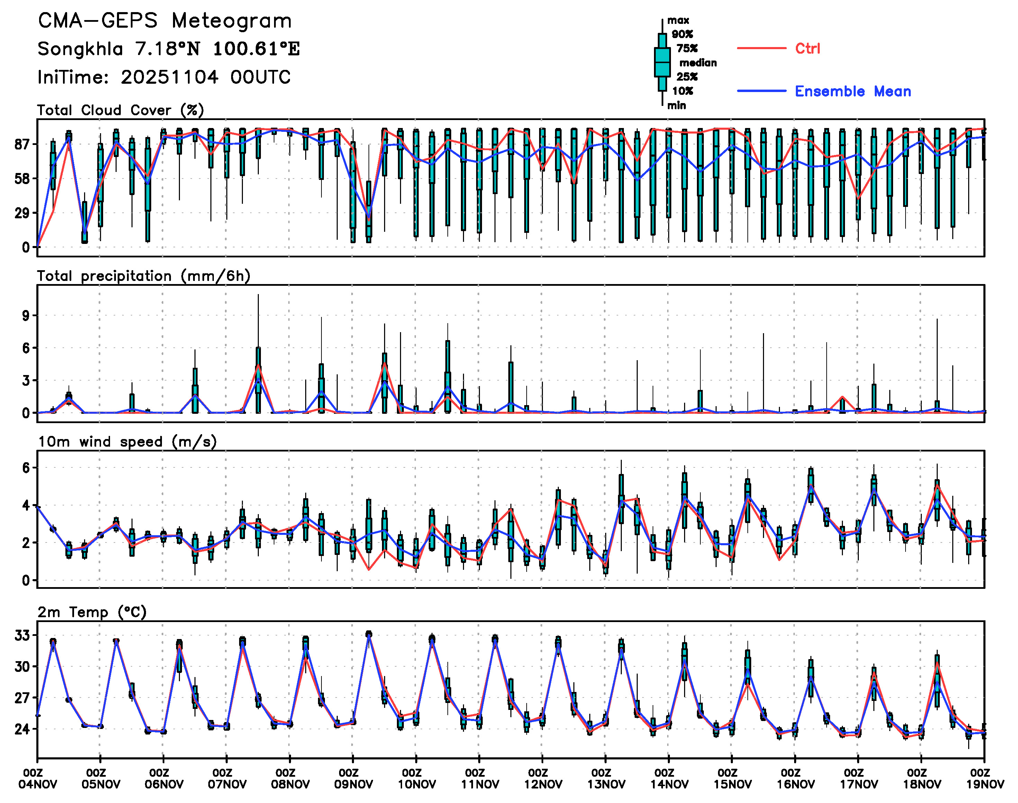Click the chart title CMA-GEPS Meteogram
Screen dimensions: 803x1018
tap(165, 21)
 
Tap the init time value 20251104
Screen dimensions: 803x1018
tap(169, 77)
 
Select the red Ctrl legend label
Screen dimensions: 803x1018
tap(807, 48)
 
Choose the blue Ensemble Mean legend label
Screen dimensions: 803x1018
tap(853, 91)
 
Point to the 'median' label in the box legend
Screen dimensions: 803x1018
tap(698, 63)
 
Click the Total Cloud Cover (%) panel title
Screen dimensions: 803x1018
tap(120, 110)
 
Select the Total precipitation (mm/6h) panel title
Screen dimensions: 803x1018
tap(143, 276)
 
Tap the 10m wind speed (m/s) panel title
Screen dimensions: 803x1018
tap(127, 442)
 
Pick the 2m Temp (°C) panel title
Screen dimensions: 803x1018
tap(92, 612)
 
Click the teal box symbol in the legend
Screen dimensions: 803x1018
tap(662, 62)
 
